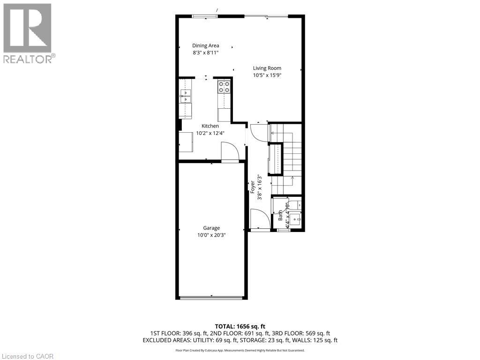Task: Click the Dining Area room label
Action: (x=205, y=45)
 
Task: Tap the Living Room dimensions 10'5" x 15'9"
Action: (x=267, y=75)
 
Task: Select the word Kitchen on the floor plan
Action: (x=210, y=126)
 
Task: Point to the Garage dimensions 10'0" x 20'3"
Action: (x=211, y=235)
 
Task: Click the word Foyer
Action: (x=253, y=187)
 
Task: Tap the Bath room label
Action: (x=280, y=216)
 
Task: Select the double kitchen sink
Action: (x=186, y=96)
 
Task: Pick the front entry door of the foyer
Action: (x=260, y=220)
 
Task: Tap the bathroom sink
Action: (x=295, y=218)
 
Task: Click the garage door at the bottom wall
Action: (x=211, y=297)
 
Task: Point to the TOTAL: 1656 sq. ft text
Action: (x=240, y=326)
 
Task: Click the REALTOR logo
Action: (x=28, y=33)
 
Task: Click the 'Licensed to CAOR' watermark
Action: (x=28, y=356)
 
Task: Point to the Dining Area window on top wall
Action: (x=205, y=17)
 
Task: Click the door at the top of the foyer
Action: (x=258, y=132)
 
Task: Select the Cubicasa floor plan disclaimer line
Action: (x=240, y=350)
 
